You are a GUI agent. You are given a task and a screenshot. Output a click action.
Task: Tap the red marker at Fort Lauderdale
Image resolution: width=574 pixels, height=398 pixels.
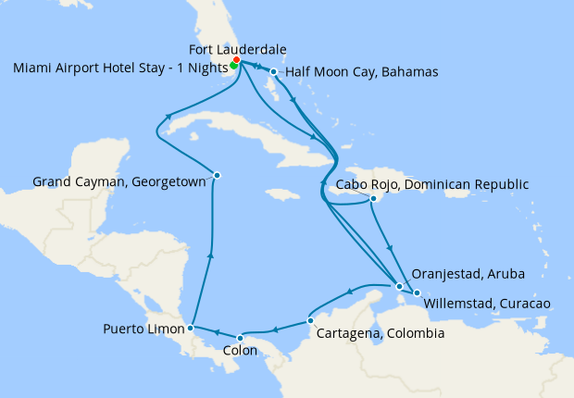[237, 61]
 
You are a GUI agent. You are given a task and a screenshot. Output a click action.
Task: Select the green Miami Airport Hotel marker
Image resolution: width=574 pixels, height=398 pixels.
[233, 66]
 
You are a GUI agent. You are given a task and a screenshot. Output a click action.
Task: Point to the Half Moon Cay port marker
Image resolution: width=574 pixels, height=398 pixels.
[274, 71]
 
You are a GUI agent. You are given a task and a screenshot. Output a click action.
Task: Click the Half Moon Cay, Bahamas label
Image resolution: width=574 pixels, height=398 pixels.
[362, 71]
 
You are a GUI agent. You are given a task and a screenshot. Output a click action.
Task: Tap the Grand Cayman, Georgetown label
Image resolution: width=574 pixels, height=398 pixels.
[119, 181]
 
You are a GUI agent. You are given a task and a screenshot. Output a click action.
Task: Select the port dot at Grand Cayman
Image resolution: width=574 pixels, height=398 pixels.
[217, 175]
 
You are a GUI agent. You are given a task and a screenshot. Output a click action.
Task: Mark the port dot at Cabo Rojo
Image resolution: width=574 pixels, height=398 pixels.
[372, 198]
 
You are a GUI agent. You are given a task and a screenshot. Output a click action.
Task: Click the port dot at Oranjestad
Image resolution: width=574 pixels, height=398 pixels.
[400, 286]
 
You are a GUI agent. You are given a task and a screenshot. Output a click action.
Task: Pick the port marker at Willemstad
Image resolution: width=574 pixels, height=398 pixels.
[417, 293]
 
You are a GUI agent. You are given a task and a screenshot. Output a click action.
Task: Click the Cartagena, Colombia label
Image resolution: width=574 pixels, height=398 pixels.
[381, 333]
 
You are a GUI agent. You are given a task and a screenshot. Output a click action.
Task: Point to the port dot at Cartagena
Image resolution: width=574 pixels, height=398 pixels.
[309, 322]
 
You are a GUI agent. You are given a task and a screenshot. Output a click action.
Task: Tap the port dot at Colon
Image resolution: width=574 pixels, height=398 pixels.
[241, 336]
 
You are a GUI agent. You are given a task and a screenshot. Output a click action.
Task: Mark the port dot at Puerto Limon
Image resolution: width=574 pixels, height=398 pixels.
[190, 327]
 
